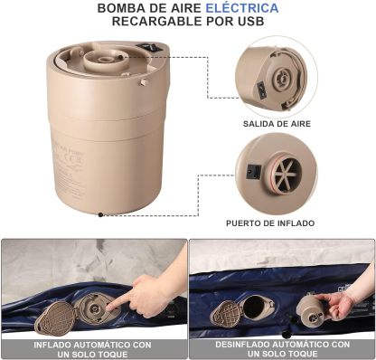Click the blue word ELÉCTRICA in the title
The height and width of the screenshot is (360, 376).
(x=242, y=8)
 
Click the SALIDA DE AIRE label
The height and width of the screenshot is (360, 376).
(x=277, y=124)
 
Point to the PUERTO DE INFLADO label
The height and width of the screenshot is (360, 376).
(x=270, y=223)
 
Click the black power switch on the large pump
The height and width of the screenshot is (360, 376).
(x=149, y=47)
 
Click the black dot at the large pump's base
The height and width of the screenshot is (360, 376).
(x=100, y=214)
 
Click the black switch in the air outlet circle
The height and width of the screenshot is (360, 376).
(x=261, y=90)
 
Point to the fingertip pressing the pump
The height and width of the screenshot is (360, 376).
(x=109, y=308)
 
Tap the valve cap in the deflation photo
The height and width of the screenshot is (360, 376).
(x=226, y=312)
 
